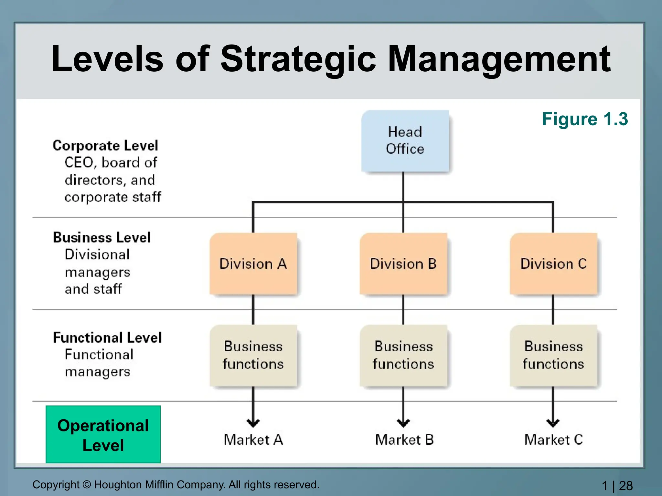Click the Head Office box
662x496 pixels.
point(405,141)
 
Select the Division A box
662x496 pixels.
point(253,263)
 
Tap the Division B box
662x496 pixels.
point(403,263)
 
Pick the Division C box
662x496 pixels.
point(553,263)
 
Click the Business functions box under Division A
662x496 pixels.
point(253,355)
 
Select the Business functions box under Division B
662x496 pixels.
point(403,355)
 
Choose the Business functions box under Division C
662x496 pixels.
point(553,355)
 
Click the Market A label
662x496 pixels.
point(253,439)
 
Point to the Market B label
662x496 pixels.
point(404,439)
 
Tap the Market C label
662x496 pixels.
point(553,439)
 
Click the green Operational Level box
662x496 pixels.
point(103,434)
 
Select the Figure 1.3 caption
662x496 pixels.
point(585,119)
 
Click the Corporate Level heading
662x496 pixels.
point(105,146)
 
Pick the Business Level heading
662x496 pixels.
point(102,237)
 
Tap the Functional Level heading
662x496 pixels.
point(107,337)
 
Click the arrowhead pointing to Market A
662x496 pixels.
point(253,422)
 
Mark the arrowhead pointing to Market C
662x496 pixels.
point(553,422)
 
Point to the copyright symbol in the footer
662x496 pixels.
point(87,485)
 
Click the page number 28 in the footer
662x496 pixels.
point(626,486)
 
